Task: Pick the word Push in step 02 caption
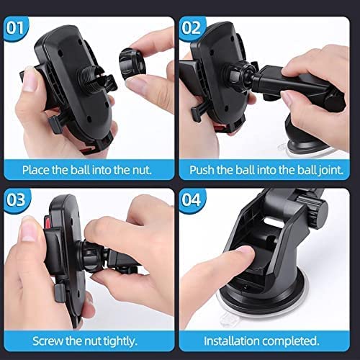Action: [202, 171]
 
